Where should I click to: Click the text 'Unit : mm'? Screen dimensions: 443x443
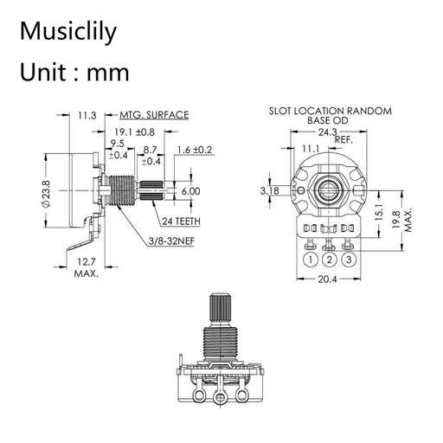pyautogui.click(x=74, y=73)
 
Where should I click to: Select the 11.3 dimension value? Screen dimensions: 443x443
pyautogui.click(x=87, y=114)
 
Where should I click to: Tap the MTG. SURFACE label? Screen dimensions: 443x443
pyautogui.click(x=155, y=114)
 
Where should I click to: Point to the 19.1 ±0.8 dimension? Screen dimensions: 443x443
pyautogui.click(x=135, y=132)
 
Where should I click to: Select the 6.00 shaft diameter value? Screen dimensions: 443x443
pyautogui.click(x=191, y=190)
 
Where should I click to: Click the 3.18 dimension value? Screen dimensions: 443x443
pyautogui.click(x=268, y=189)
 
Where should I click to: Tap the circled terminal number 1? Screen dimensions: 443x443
pyautogui.click(x=310, y=259)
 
